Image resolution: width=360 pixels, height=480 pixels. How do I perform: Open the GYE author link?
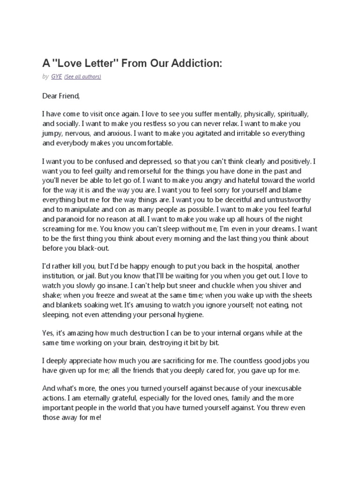pyautogui.click(x=57, y=76)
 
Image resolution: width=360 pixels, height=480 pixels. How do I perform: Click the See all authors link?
pyautogui.click(x=82, y=76)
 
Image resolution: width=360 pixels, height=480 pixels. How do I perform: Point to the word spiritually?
pyautogui.click(x=290, y=114)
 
